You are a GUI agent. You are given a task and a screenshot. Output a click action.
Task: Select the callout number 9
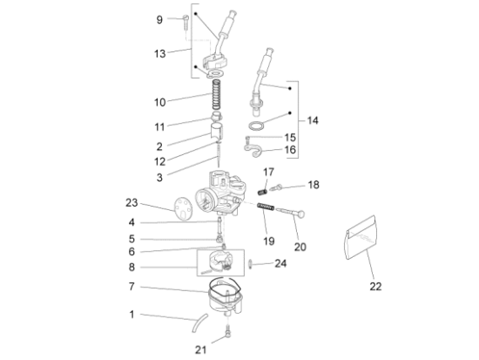tap(159, 19)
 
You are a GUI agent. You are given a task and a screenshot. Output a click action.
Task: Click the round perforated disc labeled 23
tap(181, 209)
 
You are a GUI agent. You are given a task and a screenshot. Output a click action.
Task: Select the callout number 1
tap(132, 315)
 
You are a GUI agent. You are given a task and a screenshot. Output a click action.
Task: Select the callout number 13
tap(159, 54)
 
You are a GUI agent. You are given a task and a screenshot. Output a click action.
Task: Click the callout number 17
tap(269, 172)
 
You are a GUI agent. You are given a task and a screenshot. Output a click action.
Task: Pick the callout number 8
tap(132, 268)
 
